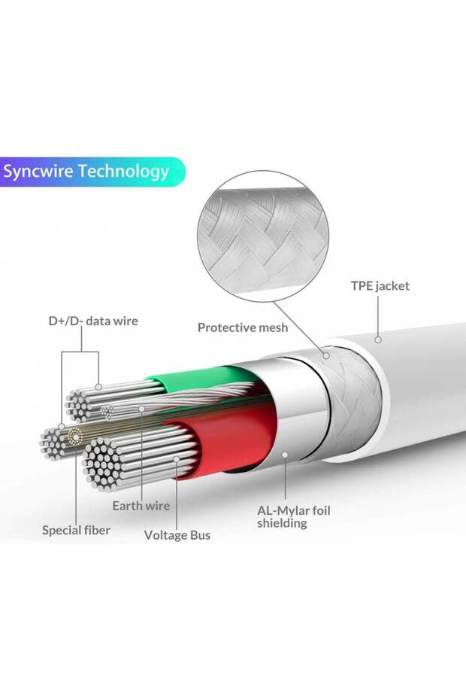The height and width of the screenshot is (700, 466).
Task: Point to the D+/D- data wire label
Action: click(93, 321)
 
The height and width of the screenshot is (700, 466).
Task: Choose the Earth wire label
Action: click(141, 506)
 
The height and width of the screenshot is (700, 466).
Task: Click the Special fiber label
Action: click(76, 530)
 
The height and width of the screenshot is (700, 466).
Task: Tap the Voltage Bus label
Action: click(177, 535)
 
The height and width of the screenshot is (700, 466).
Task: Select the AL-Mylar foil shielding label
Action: click(293, 516)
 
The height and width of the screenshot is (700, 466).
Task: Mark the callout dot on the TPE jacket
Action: click(379, 340)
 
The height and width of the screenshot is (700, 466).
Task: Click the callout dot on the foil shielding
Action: click(286, 454)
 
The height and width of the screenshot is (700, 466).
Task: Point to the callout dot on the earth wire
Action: click(141, 409)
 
